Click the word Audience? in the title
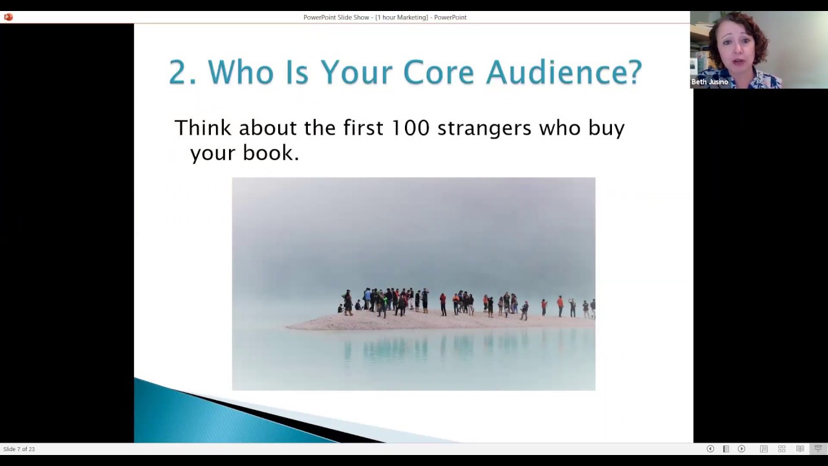(x=563, y=72)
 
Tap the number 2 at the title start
(x=182, y=72)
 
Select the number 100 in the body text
(x=410, y=128)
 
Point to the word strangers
(x=484, y=128)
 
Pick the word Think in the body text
(x=202, y=128)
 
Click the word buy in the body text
(x=606, y=128)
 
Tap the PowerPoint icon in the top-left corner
(x=8, y=17)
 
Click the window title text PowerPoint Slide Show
(x=336, y=17)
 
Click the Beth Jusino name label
(x=710, y=82)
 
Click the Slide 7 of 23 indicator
(x=19, y=449)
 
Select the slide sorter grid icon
(x=781, y=449)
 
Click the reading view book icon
(x=800, y=449)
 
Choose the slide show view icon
(x=818, y=449)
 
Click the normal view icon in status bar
(x=764, y=449)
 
